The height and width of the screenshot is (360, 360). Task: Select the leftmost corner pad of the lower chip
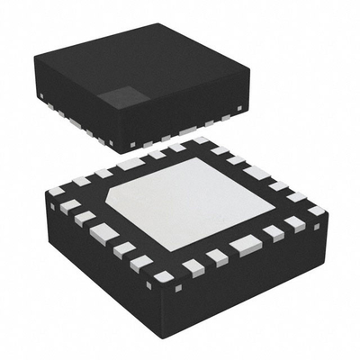tap(57, 191)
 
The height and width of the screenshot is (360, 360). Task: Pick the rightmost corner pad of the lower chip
tap(317, 211)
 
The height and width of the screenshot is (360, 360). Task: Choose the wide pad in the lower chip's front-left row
tap(102, 233)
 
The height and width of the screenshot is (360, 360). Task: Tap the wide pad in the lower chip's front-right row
tap(242, 244)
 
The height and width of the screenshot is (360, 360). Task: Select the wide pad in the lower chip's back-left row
tap(131, 164)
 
